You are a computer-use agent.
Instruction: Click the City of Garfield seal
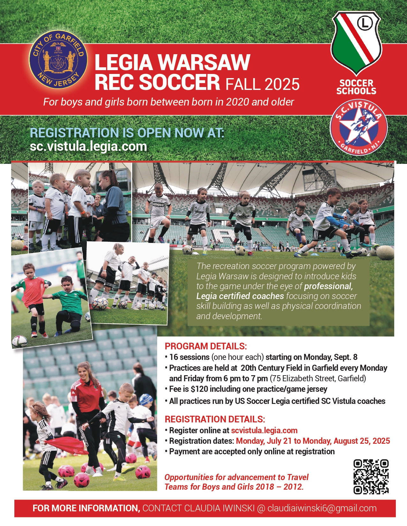click(x=58, y=59)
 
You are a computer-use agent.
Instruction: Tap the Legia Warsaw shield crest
click(x=356, y=43)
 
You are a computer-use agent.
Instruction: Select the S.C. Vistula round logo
click(x=359, y=128)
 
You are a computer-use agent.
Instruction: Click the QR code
click(x=371, y=477)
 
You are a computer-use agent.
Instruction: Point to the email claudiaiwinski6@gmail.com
click(x=322, y=508)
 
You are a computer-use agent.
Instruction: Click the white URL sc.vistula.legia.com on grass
click(x=88, y=146)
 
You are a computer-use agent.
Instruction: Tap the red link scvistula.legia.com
click(x=264, y=430)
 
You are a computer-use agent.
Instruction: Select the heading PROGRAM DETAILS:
click(x=206, y=346)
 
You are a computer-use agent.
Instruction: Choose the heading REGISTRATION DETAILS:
click(x=215, y=419)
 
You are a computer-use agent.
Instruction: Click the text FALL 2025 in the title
click(x=262, y=84)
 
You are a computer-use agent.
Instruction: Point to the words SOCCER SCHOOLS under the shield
click(x=356, y=87)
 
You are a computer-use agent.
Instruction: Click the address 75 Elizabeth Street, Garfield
click(x=318, y=378)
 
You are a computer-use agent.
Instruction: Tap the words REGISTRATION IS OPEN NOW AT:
click(x=127, y=133)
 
